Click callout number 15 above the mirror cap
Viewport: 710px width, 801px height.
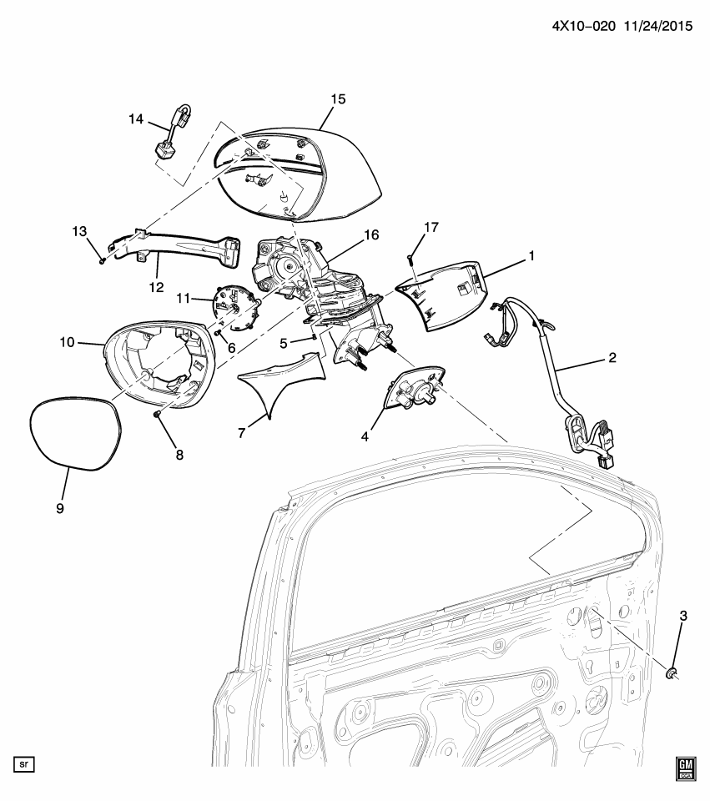point(338,99)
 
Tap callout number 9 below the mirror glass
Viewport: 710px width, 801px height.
point(60,508)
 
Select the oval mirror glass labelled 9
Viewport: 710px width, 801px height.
point(75,433)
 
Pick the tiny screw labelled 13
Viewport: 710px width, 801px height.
point(102,261)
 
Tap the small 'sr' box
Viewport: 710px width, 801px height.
point(24,765)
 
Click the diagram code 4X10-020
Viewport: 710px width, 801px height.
point(584,26)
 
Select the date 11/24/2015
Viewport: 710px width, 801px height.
point(657,26)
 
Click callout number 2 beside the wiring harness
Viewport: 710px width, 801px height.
point(612,358)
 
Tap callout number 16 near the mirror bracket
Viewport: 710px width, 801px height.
point(371,234)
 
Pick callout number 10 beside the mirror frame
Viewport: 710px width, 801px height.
point(67,342)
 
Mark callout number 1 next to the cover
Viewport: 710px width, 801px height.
point(531,255)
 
